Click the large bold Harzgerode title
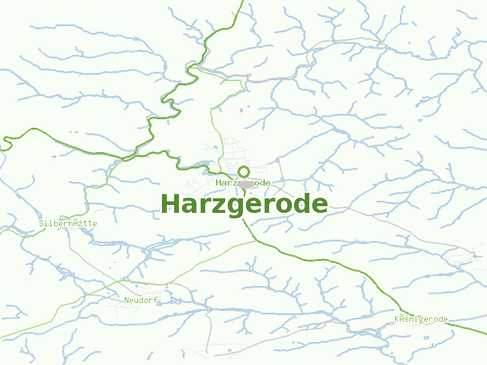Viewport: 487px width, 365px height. pyautogui.click(x=245, y=204)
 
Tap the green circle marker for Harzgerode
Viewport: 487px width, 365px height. pyautogui.click(x=243, y=172)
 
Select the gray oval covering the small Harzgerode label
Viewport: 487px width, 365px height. pyautogui.click(x=245, y=184)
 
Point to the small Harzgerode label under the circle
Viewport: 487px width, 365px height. pyautogui.click(x=243, y=182)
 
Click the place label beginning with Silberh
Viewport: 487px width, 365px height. pyautogui.click(x=68, y=223)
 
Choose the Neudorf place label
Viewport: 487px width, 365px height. pyautogui.click(x=141, y=300)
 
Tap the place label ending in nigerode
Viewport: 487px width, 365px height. pyautogui.click(x=421, y=319)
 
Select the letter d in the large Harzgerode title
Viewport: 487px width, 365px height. pyautogui.click(x=301, y=204)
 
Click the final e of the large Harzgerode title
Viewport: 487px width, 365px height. pyautogui.click(x=319, y=206)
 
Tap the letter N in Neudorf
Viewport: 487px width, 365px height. pyautogui.click(x=127, y=300)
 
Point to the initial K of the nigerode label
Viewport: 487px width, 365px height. pyautogui.click(x=397, y=319)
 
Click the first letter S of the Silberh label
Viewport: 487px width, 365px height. pyautogui.click(x=41, y=223)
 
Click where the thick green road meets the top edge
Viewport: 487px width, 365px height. pyautogui.click(x=243, y=1)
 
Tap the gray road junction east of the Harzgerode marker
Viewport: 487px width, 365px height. pyautogui.click(x=277, y=161)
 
